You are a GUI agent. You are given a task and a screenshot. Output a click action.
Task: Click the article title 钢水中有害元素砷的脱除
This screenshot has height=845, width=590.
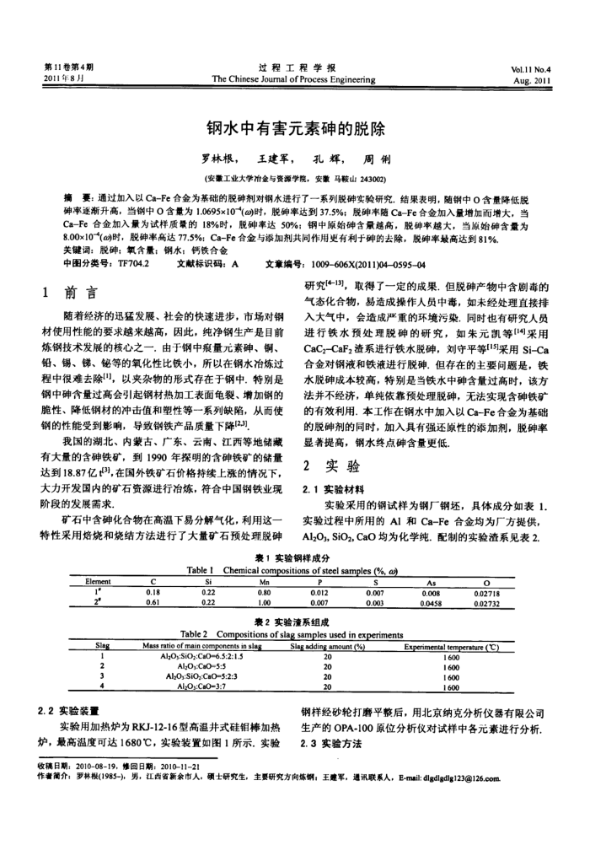coord(295,131)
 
